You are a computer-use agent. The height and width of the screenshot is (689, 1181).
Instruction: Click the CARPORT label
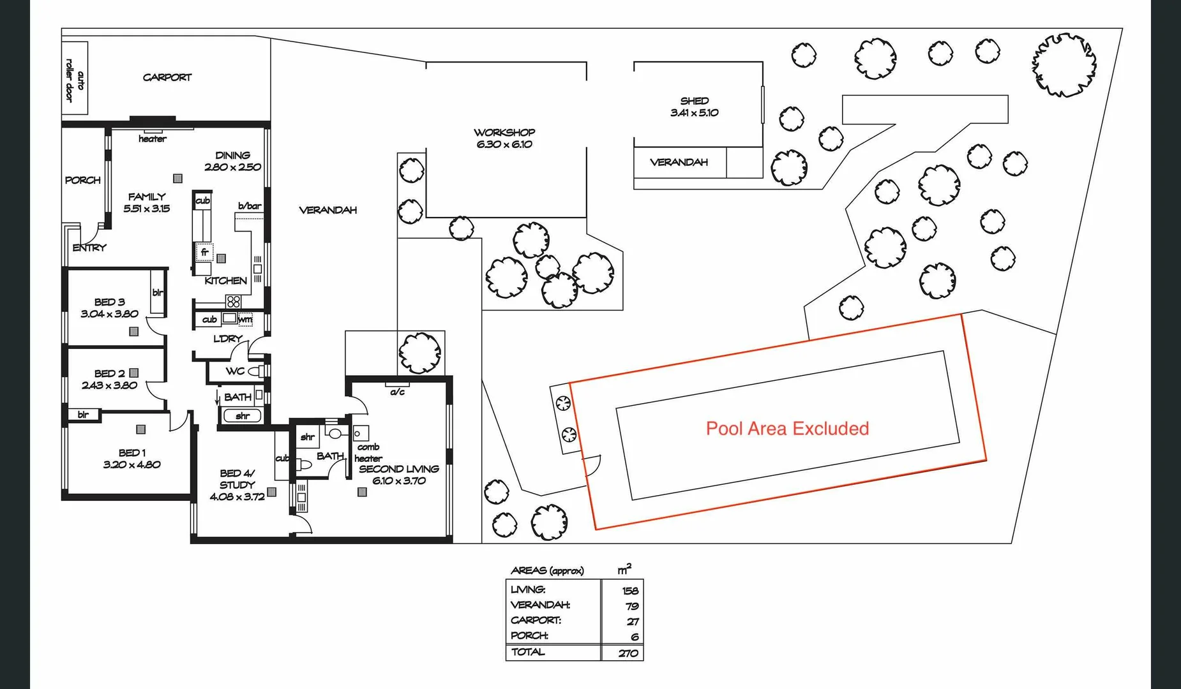click(167, 77)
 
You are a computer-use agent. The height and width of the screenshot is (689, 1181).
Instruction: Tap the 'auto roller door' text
click(74, 80)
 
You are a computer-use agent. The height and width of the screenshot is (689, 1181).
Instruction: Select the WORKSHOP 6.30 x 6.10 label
click(504, 138)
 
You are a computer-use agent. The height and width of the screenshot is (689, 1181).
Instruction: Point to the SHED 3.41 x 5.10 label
click(695, 107)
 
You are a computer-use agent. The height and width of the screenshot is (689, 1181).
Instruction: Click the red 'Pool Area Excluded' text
click(787, 428)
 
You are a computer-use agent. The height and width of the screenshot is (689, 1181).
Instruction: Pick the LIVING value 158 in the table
click(630, 591)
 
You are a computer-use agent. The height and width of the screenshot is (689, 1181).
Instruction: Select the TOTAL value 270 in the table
click(628, 653)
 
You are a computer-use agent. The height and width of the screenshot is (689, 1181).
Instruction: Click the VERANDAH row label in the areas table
click(540, 605)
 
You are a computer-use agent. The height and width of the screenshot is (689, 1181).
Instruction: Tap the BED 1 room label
click(132, 453)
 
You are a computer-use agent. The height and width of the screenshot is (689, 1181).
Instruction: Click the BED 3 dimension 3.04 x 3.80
click(109, 314)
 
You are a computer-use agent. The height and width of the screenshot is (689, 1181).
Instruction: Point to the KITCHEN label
click(225, 281)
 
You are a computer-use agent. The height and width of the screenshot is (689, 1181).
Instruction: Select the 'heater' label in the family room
click(153, 139)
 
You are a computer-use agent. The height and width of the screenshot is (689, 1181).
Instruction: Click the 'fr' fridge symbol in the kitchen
click(204, 253)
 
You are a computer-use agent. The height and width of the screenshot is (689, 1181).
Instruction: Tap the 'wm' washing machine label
click(245, 319)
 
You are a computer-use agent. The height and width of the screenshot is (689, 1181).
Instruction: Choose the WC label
click(235, 371)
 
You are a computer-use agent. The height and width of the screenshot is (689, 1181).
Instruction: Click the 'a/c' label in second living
click(397, 392)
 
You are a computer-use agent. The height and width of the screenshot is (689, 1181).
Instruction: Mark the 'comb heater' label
click(368, 452)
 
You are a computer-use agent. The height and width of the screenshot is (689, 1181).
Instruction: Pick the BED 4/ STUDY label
click(237, 479)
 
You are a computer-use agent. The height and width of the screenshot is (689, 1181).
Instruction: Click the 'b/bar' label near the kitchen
click(250, 206)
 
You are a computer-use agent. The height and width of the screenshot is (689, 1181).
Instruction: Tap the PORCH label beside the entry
click(83, 180)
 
